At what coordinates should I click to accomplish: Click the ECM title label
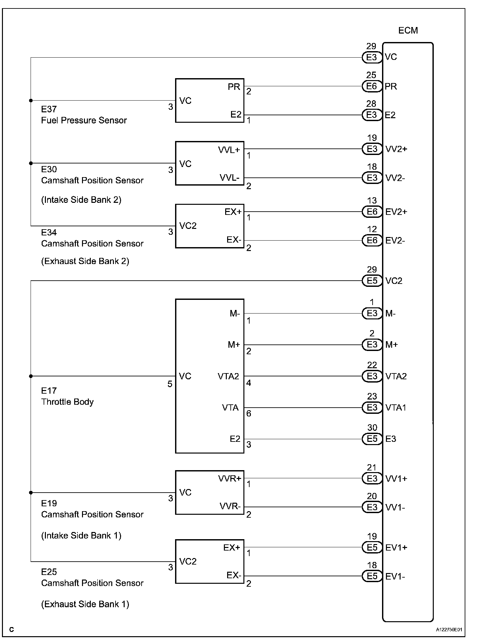pos(408,31)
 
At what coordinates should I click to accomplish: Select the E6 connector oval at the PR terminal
pos(372,86)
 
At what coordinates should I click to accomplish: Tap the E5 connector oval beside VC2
pos(372,281)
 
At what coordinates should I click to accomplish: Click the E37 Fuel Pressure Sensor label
pos(84,115)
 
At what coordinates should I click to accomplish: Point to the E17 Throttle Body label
pos(67,396)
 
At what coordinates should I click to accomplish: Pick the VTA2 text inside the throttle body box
pos(228,376)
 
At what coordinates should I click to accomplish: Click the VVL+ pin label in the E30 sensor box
pos(229,150)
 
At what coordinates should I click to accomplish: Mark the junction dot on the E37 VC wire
pos(31,101)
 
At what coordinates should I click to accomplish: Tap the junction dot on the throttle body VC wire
pos(31,376)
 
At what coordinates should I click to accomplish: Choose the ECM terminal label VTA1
pos(396,408)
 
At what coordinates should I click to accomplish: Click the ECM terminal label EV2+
pos(396,212)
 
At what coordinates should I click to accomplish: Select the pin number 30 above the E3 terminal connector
pos(372,427)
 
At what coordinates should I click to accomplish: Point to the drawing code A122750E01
pos(449,630)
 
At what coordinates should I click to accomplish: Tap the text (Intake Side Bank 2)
pos(81,200)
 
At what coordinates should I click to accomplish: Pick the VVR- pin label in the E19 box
pos(230,506)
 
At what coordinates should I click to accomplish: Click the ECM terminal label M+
pos(391,345)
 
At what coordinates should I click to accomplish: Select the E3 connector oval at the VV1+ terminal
pos(372,478)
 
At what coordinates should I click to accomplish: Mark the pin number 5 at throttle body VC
pos(170,384)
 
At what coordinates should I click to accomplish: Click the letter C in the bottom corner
pos(12,630)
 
